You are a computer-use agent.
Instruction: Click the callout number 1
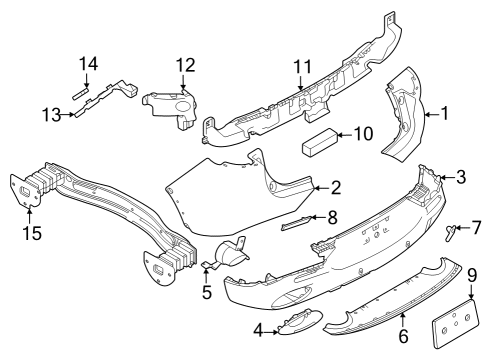pyautogui.click(x=446, y=116)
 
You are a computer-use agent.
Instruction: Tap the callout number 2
pyautogui.click(x=336, y=186)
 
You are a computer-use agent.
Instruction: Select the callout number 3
pyautogui.click(x=461, y=178)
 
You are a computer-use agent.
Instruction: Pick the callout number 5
pyautogui.click(x=206, y=293)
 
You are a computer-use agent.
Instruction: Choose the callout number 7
pyautogui.click(x=476, y=228)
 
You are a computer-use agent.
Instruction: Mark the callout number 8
pyautogui.click(x=334, y=215)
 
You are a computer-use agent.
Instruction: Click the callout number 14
pyautogui.click(x=88, y=65)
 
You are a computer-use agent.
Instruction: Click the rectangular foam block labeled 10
pyautogui.click(x=319, y=140)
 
